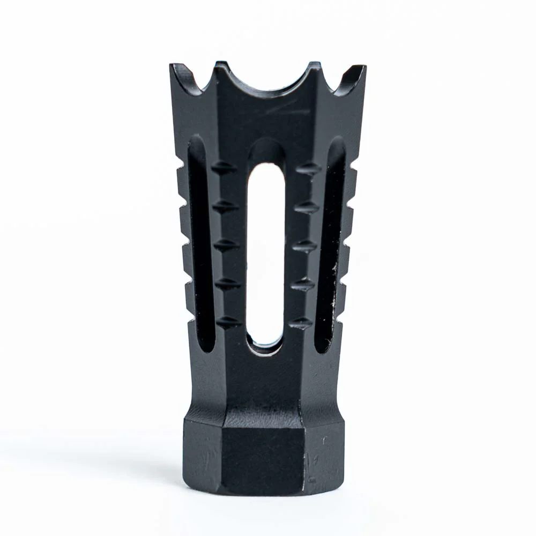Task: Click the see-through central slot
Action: pos(266,252)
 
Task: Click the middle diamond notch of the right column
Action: pos(305,247)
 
